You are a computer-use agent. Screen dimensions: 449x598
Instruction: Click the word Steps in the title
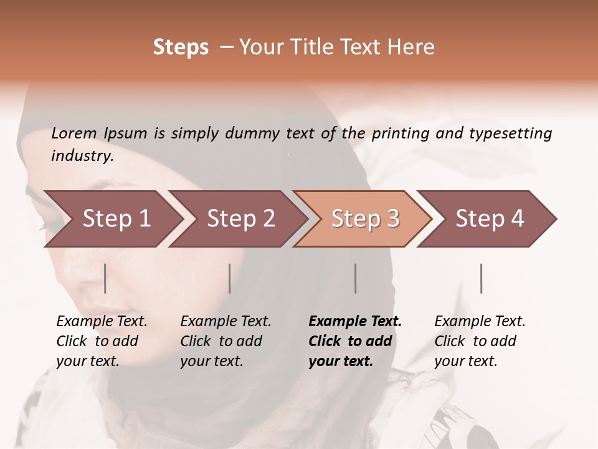pyautogui.click(x=181, y=47)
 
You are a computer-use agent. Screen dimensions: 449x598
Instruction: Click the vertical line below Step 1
pyautogui.click(x=105, y=278)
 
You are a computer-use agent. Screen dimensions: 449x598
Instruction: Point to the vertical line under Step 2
pyautogui.click(x=230, y=278)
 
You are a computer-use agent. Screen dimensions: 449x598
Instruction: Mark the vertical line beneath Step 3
pyautogui.click(x=356, y=278)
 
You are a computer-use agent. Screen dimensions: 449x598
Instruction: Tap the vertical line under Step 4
pyautogui.click(x=481, y=278)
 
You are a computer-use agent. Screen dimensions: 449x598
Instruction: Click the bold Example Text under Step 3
pyautogui.click(x=355, y=341)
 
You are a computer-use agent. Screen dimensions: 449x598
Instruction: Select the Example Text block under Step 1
pyautogui.click(x=102, y=341)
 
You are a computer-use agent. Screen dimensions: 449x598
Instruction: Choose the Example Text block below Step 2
pyautogui.click(x=225, y=341)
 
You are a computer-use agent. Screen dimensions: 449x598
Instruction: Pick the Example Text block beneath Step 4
pyautogui.click(x=480, y=341)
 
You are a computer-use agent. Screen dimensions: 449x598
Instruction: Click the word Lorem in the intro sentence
pyautogui.click(x=74, y=133)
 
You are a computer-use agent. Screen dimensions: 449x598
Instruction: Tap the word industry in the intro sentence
pyautogui.click(x=82, y=156)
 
